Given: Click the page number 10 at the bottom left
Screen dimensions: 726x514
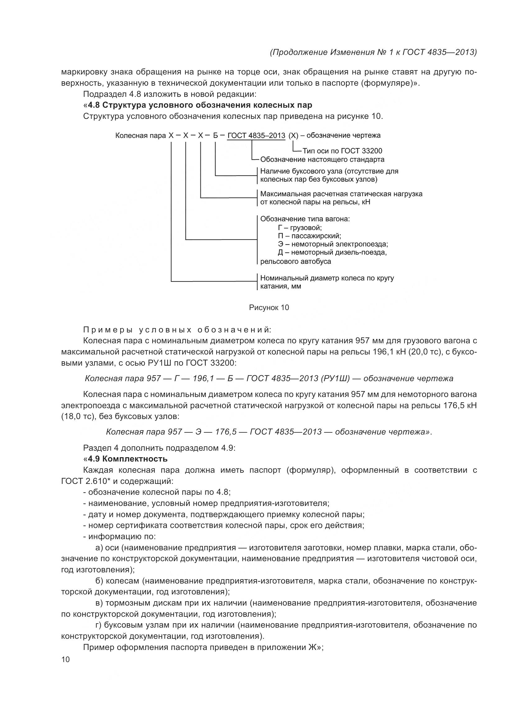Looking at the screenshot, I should tap(65, 659).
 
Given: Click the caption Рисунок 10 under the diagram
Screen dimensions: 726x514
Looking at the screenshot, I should tap(269, 307).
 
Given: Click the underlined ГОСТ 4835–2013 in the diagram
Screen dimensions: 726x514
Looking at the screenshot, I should tap(256, 136).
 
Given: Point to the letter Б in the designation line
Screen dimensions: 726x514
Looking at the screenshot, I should tap(215, 136).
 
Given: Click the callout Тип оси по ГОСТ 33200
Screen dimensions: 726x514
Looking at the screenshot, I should tap(342, 151).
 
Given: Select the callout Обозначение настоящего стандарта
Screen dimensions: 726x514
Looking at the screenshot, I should tap(322, 159).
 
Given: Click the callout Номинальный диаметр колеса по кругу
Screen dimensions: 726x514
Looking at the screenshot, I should tap(327, 278).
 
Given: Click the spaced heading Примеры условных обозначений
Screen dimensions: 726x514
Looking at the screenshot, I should tap(177, 330).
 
